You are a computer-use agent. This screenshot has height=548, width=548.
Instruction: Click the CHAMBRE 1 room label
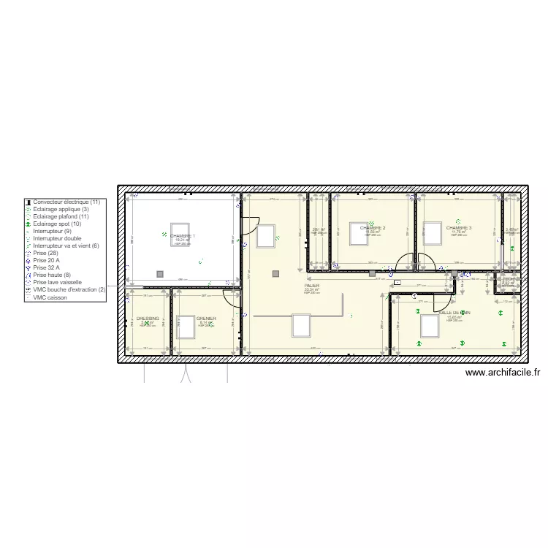182,236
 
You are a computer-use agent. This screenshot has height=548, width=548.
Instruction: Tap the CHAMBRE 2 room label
372,228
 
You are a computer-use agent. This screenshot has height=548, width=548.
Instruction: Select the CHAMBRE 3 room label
459,228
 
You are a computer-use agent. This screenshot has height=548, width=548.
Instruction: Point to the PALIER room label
312,286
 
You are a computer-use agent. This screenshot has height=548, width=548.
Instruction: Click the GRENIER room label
206,319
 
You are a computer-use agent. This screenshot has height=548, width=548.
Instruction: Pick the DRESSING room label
148,319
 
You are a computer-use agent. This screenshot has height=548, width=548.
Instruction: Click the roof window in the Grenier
186,327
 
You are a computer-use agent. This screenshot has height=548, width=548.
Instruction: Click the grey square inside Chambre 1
159,274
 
